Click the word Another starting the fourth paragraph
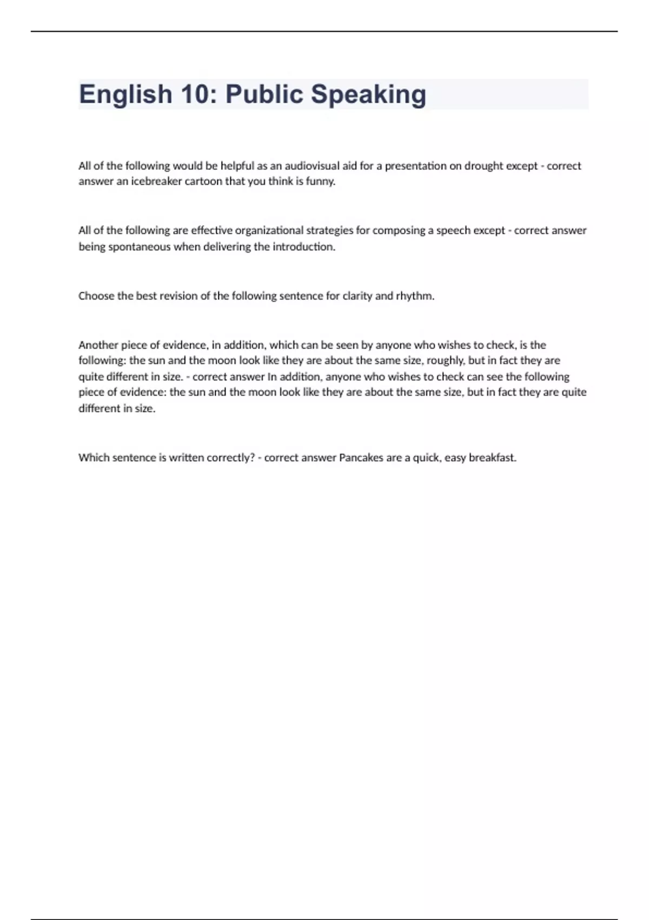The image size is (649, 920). (98, 345)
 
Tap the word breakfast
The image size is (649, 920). (492, 458)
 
